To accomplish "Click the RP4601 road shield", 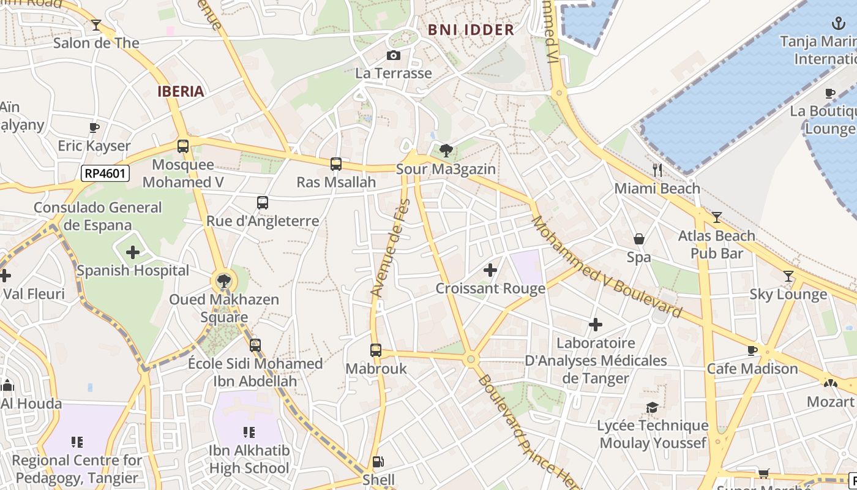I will [105, 173].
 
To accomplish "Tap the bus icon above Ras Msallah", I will [335, 164].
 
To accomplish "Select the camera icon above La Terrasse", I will [394, 56].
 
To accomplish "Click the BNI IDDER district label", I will [471, 29].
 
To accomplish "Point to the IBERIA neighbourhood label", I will [181, 91].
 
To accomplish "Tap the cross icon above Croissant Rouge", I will [490, 269].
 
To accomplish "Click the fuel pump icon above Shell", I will [378, 462].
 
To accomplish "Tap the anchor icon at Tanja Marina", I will [838, 24].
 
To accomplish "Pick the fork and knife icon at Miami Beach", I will [657, 170].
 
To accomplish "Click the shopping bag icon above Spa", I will [638, 239].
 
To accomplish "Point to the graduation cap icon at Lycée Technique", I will [653, 407].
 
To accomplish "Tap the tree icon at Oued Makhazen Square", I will [224, 281].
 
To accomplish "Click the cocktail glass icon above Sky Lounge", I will [788, 276].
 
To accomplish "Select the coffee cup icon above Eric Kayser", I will [94, 127].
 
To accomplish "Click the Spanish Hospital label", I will [133, 271].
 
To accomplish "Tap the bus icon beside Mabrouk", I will [375, 350].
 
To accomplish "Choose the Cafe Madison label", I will [752, 369].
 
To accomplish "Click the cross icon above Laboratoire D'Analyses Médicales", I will [595, 325].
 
